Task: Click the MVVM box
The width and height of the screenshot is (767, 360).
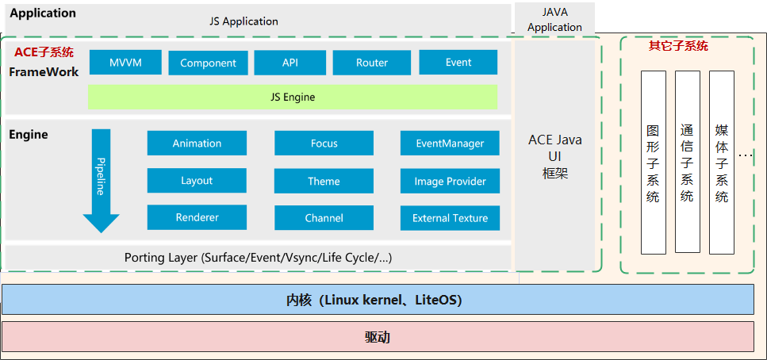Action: pos(125,63)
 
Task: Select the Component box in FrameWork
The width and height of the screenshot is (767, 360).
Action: pos(208,63)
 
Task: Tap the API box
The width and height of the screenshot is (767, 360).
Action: pos(290,63)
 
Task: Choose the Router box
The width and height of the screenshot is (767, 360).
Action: pos(371,63)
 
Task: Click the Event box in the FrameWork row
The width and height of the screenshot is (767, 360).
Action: pos(458,63)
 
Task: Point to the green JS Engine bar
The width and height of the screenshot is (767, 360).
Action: pos(292,97)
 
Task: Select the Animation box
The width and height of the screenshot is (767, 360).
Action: pos(197,144)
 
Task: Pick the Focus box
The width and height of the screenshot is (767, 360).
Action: pos(324,144)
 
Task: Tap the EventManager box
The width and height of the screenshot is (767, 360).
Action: pos(450,144)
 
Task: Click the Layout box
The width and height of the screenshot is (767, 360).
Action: pos(197,181)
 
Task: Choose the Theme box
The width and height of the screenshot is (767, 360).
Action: pos(324,181)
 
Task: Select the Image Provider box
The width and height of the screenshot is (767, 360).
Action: pos(450,181)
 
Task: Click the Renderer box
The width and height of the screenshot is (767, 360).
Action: pos(197,217)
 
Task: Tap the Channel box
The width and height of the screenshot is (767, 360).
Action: pos(324,217)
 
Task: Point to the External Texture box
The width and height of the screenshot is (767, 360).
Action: pos(450,217)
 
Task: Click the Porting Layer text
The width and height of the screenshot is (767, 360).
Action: pos(258,258)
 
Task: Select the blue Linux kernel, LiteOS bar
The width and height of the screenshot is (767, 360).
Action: pos(378,301)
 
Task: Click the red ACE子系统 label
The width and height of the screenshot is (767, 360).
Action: pos(44,52)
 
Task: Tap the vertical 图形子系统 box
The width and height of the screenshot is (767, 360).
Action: pos(653,163)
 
